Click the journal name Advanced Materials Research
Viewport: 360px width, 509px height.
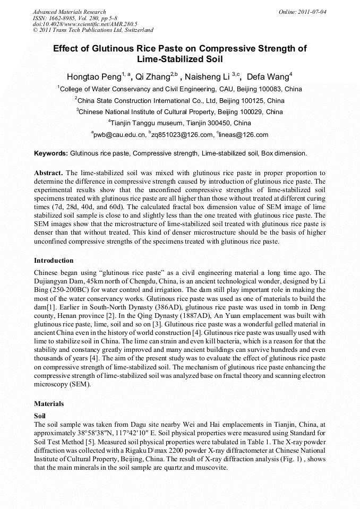tap(69, 11)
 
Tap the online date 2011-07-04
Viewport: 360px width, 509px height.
tap(311, 11)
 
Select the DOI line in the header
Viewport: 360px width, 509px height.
tap(85, 24)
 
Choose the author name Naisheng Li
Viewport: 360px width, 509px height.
tap(208, 77)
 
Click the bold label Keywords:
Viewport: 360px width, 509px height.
tap(51, 153)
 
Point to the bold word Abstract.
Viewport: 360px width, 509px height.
tap(49, 173)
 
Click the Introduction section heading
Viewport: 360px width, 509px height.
tap(54, 261)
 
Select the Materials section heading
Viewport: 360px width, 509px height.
tap(49, 404)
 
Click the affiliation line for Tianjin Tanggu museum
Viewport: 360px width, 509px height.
tap(179, 123)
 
